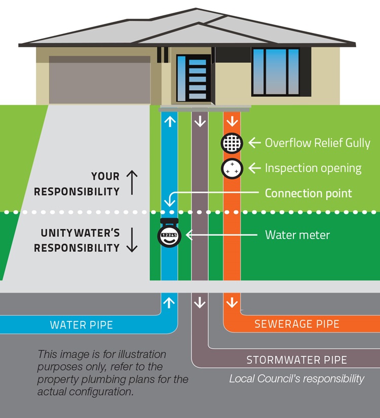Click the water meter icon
(x=170, y=234)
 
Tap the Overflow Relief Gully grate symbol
(x=232, y=143)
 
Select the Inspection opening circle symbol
(x=232, y=168)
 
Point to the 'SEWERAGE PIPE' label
(x=297, y=324)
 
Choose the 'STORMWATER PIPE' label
(x=297, y=360)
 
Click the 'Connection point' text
(x=308, y=193)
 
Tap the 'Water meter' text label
(x=297, y=235)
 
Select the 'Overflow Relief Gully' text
(x=318, y=143)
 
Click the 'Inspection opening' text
(x=313, y=168)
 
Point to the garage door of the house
(x=99, y=83)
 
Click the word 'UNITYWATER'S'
(x=80, y=233)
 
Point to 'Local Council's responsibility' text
(x=296, y=378)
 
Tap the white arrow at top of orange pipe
(x=232, y=122)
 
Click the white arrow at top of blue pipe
(x=170, y=122)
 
